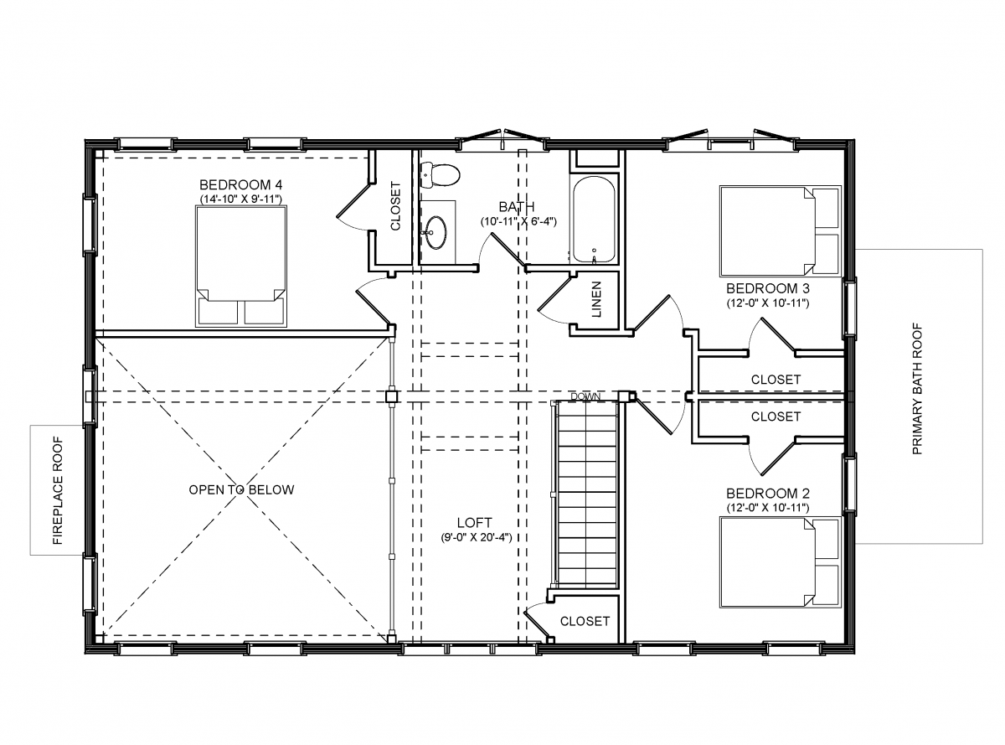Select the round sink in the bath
point(436,231)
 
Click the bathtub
point(594,220)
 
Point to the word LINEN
point(597,300)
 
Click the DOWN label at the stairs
point(585,396)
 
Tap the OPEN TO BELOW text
point(241,489)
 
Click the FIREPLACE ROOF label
point(59,490)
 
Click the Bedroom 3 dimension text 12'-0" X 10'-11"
point(767,303)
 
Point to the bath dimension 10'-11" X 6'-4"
point(518,221)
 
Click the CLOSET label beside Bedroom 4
point(396,206)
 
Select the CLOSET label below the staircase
point(585,621)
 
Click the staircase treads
point(586,494)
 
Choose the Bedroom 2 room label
point(767,493)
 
